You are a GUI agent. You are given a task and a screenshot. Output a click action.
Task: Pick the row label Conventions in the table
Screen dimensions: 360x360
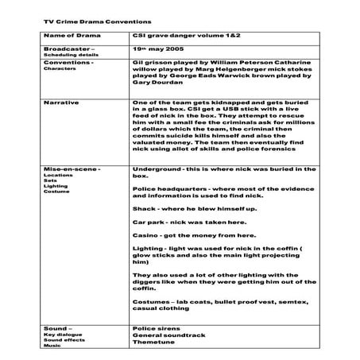(69, 61)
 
